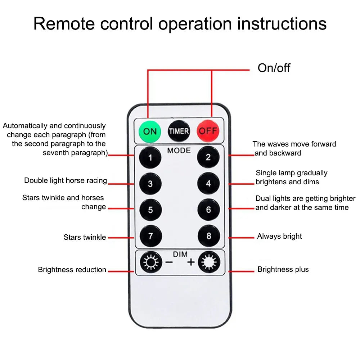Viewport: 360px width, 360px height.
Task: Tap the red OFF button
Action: [x=208, y=131]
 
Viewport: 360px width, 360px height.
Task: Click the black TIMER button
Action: [x=179, y=131]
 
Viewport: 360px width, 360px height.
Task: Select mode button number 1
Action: [x=150, y=157]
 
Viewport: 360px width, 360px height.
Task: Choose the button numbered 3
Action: [x=150, y=184]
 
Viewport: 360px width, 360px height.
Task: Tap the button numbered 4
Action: [x=208, y=184]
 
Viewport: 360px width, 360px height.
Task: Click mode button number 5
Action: [x=150, y=210]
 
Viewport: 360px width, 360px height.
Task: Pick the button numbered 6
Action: [x=208, y=210]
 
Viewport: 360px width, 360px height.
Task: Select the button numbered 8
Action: [x=208, y=237]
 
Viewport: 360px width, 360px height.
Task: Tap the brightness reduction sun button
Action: [x=150, y=263]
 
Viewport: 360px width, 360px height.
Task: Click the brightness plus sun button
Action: [x=208, y=263]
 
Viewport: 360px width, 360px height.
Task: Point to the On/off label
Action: [x=274, y=68]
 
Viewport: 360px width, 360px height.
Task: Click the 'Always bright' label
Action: [x=279, y=237]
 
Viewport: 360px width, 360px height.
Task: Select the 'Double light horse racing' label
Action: [x=66, y=180]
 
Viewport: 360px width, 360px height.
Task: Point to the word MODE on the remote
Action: [x=179, y=150]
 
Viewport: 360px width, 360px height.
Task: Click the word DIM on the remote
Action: [x=180, y=254]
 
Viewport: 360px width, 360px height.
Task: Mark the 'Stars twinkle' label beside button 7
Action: [x=85, y=237]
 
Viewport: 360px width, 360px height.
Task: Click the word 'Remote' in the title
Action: [x=64, y=24]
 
